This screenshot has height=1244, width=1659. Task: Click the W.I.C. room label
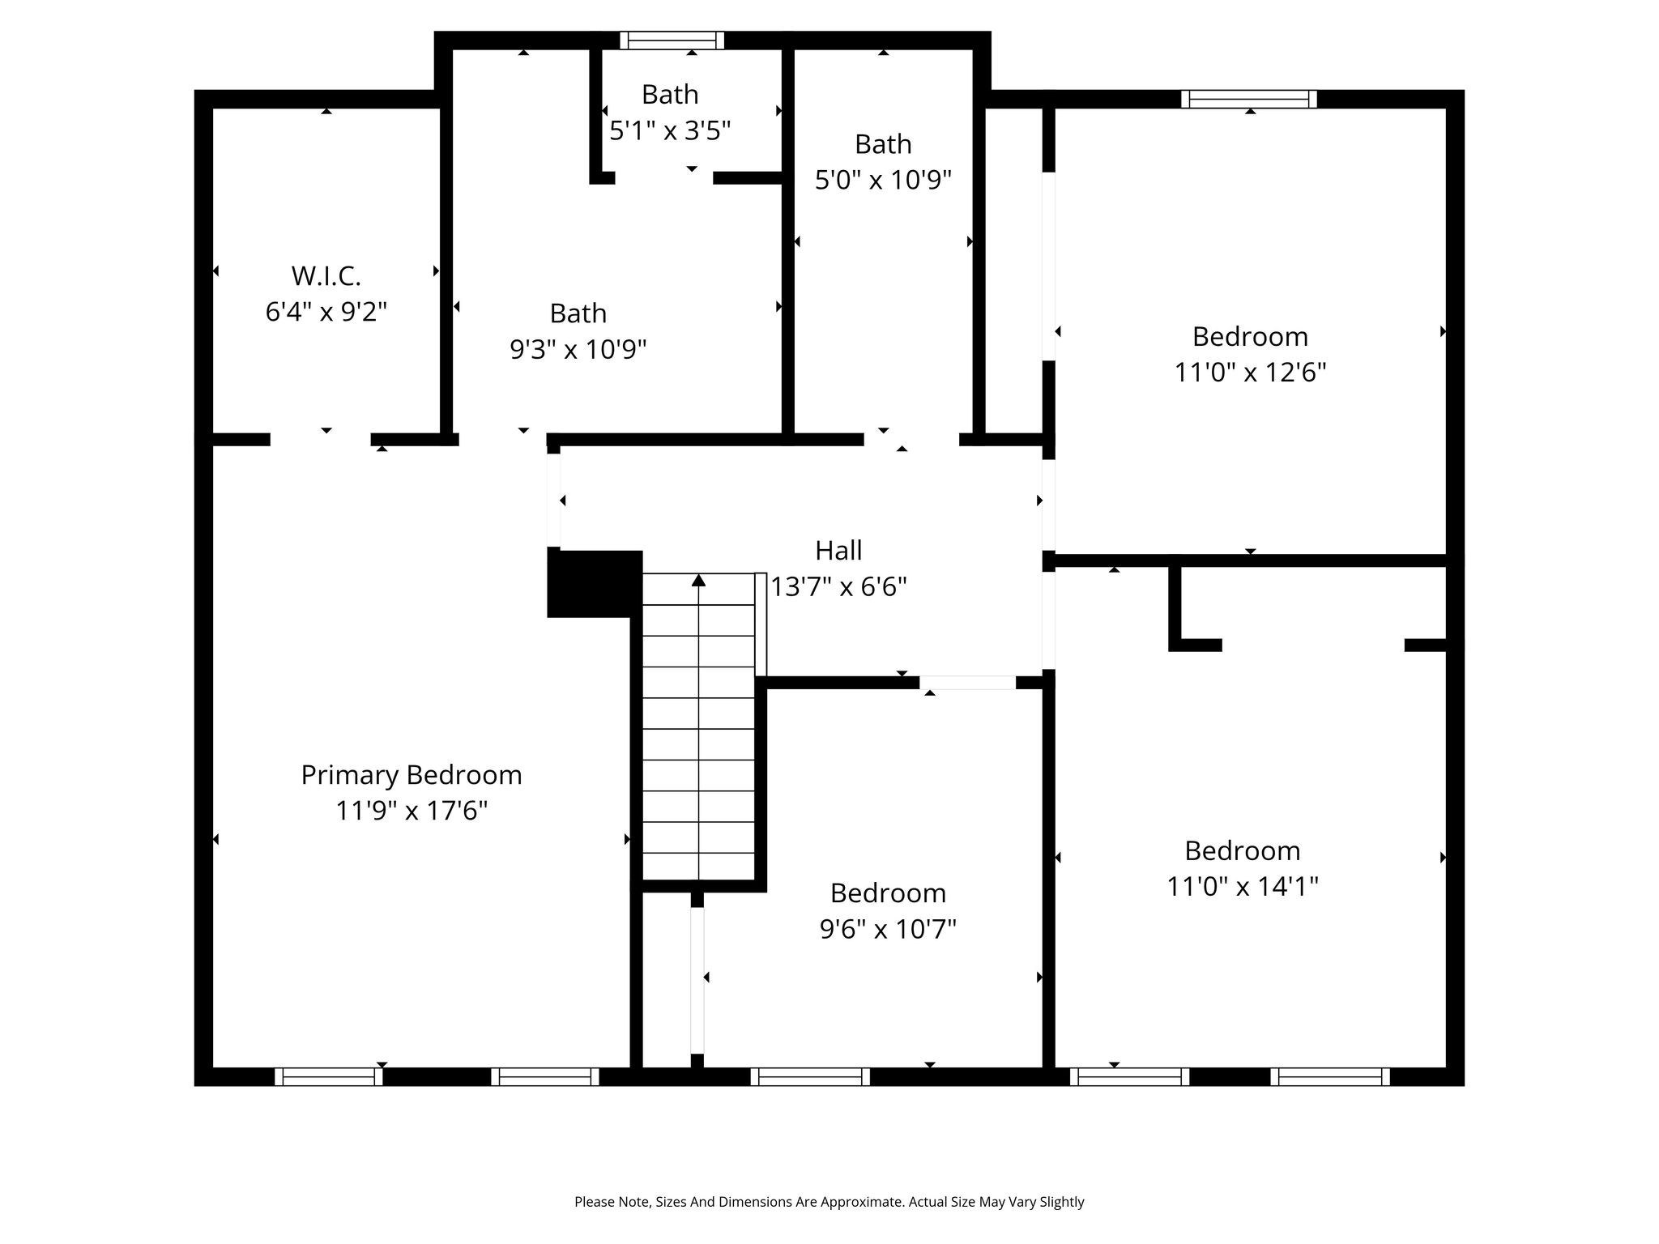(x=326, y=276)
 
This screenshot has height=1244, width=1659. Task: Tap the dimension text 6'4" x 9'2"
(x=326, y=312)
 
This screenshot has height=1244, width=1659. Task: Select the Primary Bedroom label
(x=412, y=775)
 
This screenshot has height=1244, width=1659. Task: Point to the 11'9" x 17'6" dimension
(x=412, y=811)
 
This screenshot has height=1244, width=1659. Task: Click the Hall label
(x=838, y=551)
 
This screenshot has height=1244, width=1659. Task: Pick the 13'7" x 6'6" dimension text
(x=838, y=586)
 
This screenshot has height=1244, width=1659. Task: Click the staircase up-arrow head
(x=699, y=580)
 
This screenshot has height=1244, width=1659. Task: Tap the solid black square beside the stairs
(x=595, y=583)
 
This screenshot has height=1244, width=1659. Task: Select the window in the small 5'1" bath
(x=672, y=40)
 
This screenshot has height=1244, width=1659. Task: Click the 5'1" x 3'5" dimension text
(x=671, y=130)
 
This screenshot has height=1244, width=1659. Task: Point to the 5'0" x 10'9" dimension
(x=883, y=180)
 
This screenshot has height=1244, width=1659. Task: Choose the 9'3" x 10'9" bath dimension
(x=578, y=350)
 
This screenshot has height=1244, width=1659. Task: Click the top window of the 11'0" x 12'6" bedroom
(x=1249, y=99)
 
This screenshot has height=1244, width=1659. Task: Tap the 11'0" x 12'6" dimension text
(x=1251, y=373)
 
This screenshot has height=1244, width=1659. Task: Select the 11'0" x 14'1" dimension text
(x=1243, y=887)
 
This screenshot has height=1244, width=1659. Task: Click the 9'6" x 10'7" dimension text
(x=889, y=929)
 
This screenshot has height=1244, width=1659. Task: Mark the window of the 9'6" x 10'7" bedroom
(x=810, y=1077)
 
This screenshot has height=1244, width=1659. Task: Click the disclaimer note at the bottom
(x=829, y=1202)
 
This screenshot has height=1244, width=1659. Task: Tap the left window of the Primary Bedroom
(x=329, y=1077)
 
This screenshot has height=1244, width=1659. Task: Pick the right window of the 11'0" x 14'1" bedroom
(x=1330, y=1077)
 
